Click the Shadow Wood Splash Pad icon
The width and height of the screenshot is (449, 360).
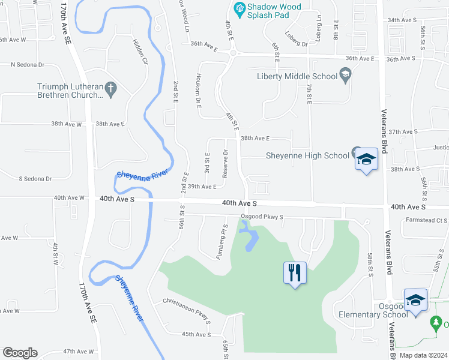coord(239,8)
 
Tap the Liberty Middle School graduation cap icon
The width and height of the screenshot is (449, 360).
coord(345,76)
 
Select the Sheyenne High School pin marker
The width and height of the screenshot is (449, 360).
coord(366,160)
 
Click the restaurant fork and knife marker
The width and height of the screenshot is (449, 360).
coord(294,273)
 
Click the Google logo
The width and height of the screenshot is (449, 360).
coord(20,353)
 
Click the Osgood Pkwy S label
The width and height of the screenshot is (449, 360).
coord(262,217)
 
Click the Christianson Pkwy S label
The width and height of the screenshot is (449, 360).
coord(187,310)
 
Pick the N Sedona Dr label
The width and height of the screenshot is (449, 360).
coord(24,64)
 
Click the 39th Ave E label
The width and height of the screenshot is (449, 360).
coord(202,187)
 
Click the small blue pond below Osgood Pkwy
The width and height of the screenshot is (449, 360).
coord(250,241)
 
